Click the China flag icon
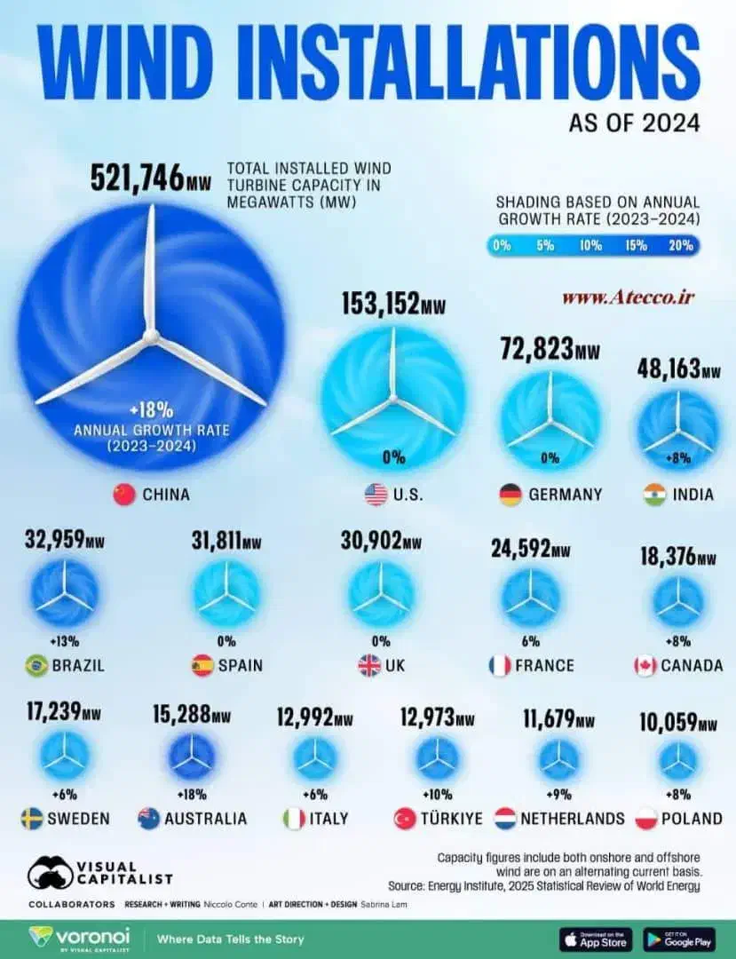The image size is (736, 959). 124,495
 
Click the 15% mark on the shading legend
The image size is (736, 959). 637,246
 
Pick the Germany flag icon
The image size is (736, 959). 510,495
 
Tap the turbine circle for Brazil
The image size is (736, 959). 64,593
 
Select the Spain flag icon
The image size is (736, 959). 202,665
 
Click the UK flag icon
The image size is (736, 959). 368,665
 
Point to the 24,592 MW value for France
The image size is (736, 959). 530,550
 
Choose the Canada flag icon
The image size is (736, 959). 645,665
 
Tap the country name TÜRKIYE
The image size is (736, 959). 453,819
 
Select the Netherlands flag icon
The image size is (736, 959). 506,819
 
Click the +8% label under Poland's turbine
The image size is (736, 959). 679,794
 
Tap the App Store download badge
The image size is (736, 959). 596,939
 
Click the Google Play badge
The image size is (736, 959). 679,939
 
